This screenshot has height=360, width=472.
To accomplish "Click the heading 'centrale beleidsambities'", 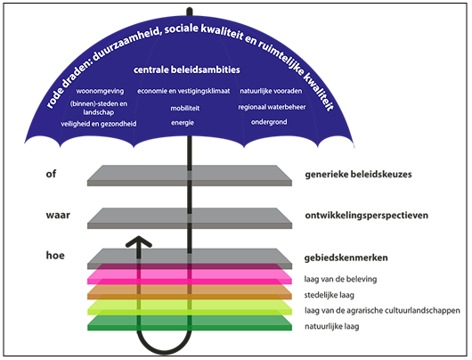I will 189,70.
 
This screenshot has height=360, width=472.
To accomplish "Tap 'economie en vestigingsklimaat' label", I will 183,91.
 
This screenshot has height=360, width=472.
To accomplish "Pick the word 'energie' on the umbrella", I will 183,122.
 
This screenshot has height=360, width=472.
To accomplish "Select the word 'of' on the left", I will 51,174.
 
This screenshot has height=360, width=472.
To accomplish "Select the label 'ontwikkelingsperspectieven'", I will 367,217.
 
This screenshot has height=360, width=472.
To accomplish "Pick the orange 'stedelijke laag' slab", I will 189,291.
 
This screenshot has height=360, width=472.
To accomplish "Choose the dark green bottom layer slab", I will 189,323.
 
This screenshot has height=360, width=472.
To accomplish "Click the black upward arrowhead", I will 137,242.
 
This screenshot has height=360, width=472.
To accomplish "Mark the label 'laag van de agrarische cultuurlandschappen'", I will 382,310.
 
